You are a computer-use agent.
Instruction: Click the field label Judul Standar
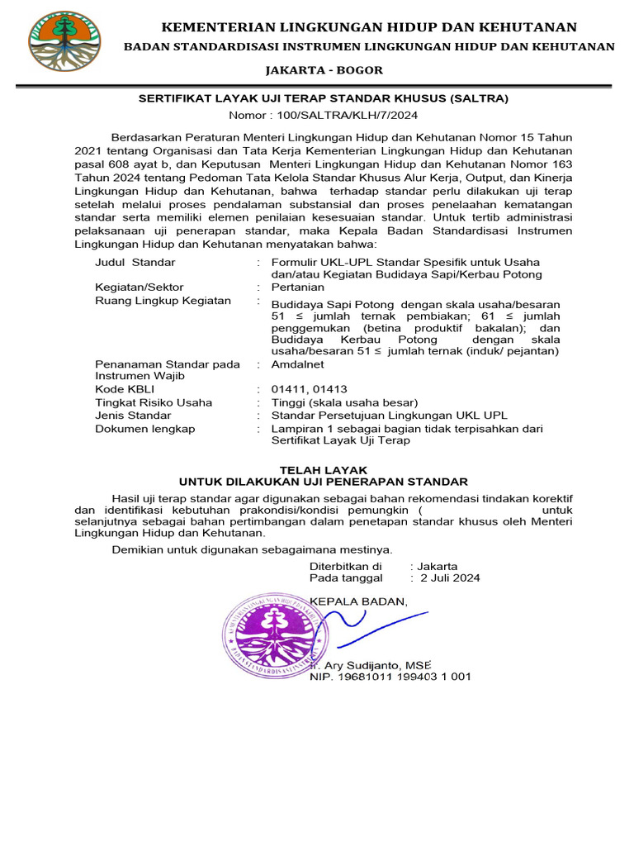pyautogui.click(x=135, y=262)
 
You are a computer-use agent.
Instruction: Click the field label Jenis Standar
pyautogui.click(x=134, y=416)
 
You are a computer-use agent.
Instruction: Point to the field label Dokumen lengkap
pyautogui.click(x=145, y=429)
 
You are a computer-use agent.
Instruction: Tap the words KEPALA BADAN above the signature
pyautogui.click(x=358, y=601)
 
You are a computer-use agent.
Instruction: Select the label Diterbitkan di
pyautogui.click(x=345, y=566)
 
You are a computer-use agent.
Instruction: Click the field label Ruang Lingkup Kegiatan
pyautogui.click(x=163, y=300)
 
